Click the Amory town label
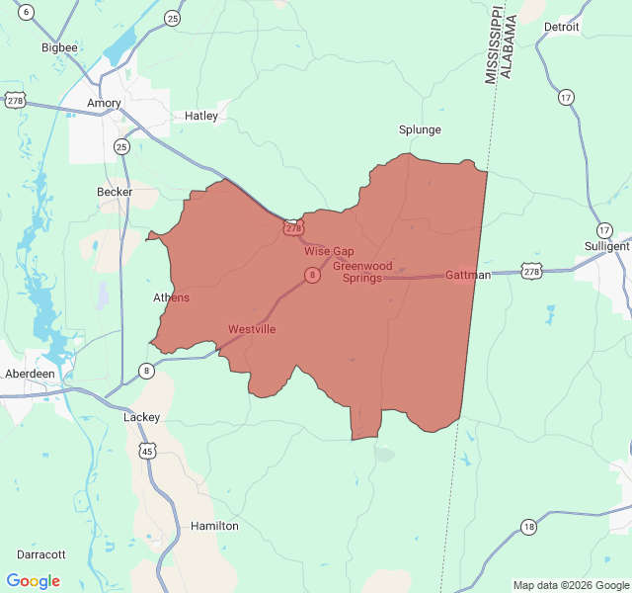(x=104, y=103)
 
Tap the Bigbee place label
(x=58, y=46)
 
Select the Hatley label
(x=201, y=116)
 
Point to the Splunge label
(x=420, y=129)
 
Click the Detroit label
(x=562, y=27)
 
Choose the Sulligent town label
(x=605, y=246)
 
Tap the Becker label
(x=115, y=192)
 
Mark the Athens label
(x=171, y=297)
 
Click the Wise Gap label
(x=329, y=251)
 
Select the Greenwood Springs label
(x=362, y=272)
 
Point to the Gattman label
(x=468, y=275)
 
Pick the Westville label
(x=252, y=329)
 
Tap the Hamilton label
(x=214, y=526)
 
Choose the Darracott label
(x=40, y=554)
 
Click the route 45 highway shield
(x=147, y=452)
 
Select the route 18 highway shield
(x=530, y=527)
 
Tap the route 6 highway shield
(x=26, y=12)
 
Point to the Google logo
(x=34, y=581)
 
